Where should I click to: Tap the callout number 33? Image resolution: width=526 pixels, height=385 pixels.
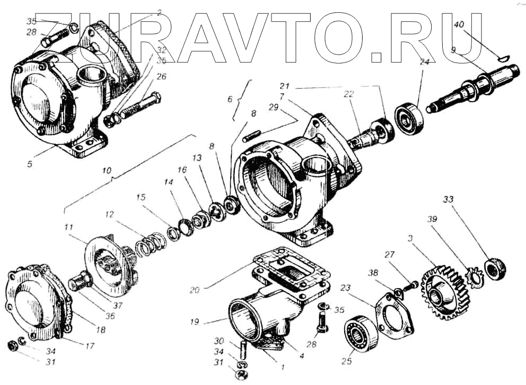(449, 200)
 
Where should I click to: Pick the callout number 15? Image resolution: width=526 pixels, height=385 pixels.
(141, 196)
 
